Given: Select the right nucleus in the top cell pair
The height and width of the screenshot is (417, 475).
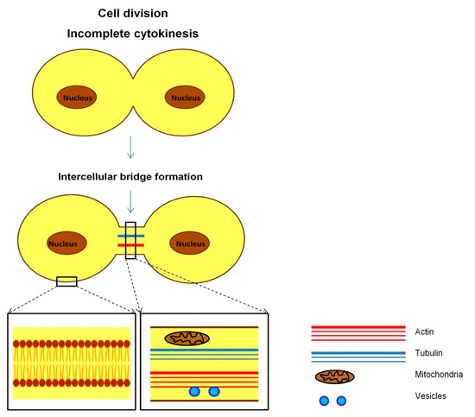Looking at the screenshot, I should point(185,97).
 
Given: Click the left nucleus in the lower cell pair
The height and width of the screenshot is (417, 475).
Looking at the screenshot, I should point(65,243).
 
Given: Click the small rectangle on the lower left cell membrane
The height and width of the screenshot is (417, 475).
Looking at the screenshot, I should point(66,280).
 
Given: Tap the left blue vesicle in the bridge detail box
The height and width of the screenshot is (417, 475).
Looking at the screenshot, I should point(194,392).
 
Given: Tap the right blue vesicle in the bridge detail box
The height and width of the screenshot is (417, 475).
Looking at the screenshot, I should point(214,392).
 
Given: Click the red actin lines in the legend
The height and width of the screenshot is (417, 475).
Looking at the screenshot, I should point(358,333).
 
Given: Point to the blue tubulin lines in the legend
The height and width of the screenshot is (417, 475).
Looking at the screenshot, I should point(358,355).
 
